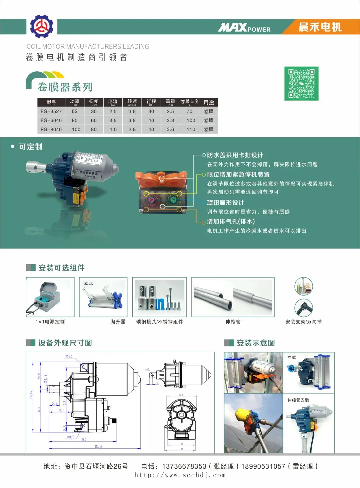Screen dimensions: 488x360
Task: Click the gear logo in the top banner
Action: click(x=42, y=26)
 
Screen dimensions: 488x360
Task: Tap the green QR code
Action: click(x=301, y=83)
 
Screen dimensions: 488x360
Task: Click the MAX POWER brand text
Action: click(x=244, y=28)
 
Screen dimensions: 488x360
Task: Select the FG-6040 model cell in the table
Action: click(x=51, y=120)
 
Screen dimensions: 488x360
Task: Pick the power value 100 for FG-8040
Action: click(x=76, y=129)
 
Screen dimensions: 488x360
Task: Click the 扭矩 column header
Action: click(x=94, y=102)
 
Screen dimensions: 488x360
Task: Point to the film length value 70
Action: click(x=189, y=111)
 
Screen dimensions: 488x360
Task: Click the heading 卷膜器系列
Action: click(x=65, y=87)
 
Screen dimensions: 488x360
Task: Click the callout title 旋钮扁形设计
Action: click(x=225, y=203)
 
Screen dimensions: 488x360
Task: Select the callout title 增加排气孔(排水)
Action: click(x=231, y=222)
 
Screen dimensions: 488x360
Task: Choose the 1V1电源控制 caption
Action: click(x=50, y=322)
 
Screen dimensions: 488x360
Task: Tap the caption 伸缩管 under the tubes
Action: click(x=233, y=322)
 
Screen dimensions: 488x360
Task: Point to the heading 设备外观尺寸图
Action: click(x=65, y=343)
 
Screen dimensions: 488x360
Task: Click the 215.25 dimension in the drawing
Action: click(x=98, y=447)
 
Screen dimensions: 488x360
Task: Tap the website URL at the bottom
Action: click(x=180, y=475)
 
